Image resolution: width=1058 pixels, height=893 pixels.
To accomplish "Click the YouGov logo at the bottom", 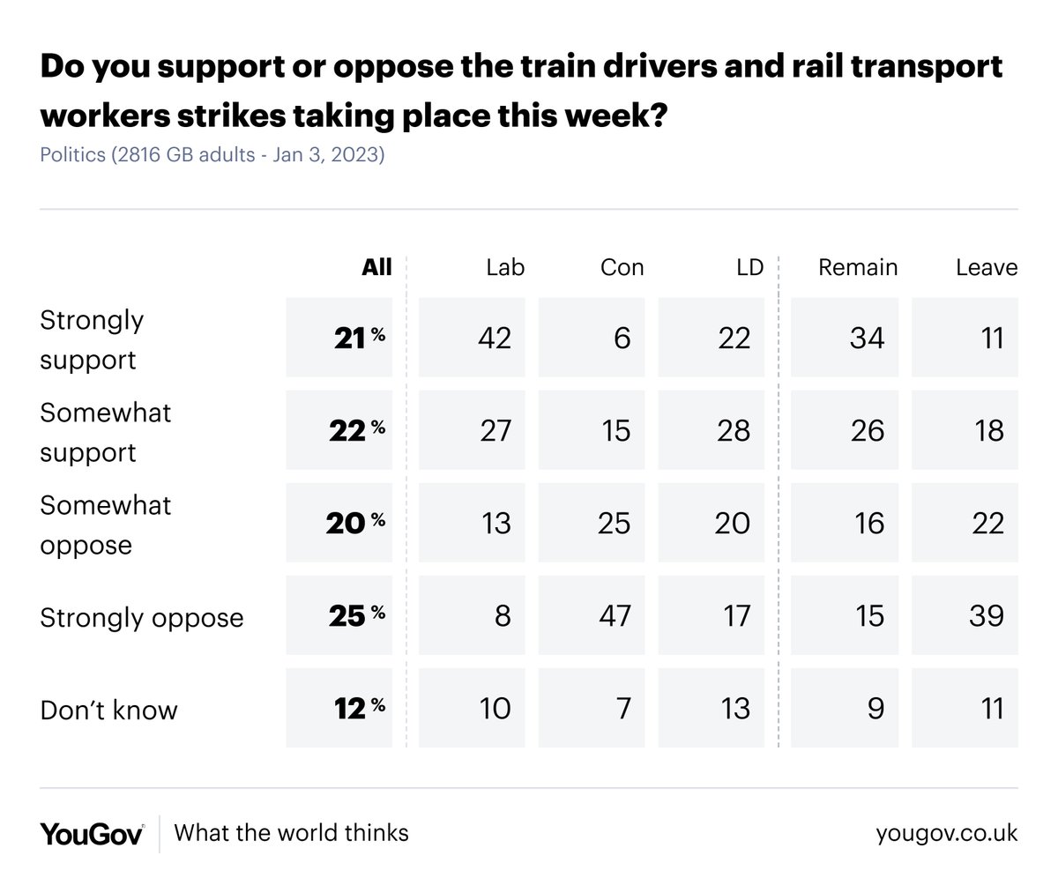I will click(92, 833).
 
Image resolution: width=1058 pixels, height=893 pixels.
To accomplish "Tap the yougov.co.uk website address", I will click(946, 833).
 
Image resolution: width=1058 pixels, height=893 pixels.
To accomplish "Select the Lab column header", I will click(505, 267).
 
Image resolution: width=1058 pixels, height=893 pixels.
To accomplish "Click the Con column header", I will click(622, 267).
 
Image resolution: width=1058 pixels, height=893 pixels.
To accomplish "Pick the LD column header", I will click(749, 267).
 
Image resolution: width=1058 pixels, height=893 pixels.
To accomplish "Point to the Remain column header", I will click(857, 267).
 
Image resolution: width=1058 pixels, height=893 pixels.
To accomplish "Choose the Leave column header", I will click(987, 267).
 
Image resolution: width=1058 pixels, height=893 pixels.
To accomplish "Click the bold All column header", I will click(376, 267).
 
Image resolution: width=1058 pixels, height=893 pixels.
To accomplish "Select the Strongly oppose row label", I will click(141, 617).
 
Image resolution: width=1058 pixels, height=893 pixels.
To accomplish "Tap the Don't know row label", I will click(108, 710).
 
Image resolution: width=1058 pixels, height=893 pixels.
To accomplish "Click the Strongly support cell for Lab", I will click(472, 338).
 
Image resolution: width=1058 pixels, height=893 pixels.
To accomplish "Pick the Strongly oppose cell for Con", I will click(591, 615).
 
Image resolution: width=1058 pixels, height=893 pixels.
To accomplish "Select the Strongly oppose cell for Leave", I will click(965, 615).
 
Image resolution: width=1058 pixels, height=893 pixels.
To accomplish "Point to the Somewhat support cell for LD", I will click(711, 430).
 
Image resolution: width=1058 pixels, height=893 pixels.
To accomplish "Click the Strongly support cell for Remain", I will click(845, 338).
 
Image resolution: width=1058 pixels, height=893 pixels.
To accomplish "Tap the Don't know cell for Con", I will click(591, 708).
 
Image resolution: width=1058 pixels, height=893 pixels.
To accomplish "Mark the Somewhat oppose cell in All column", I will click(339, 523).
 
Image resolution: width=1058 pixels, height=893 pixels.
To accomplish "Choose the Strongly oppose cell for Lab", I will click(472, 615).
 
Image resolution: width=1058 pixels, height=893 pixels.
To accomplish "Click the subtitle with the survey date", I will click(212, 155).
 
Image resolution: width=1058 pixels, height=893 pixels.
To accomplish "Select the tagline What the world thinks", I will click(291, 833).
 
